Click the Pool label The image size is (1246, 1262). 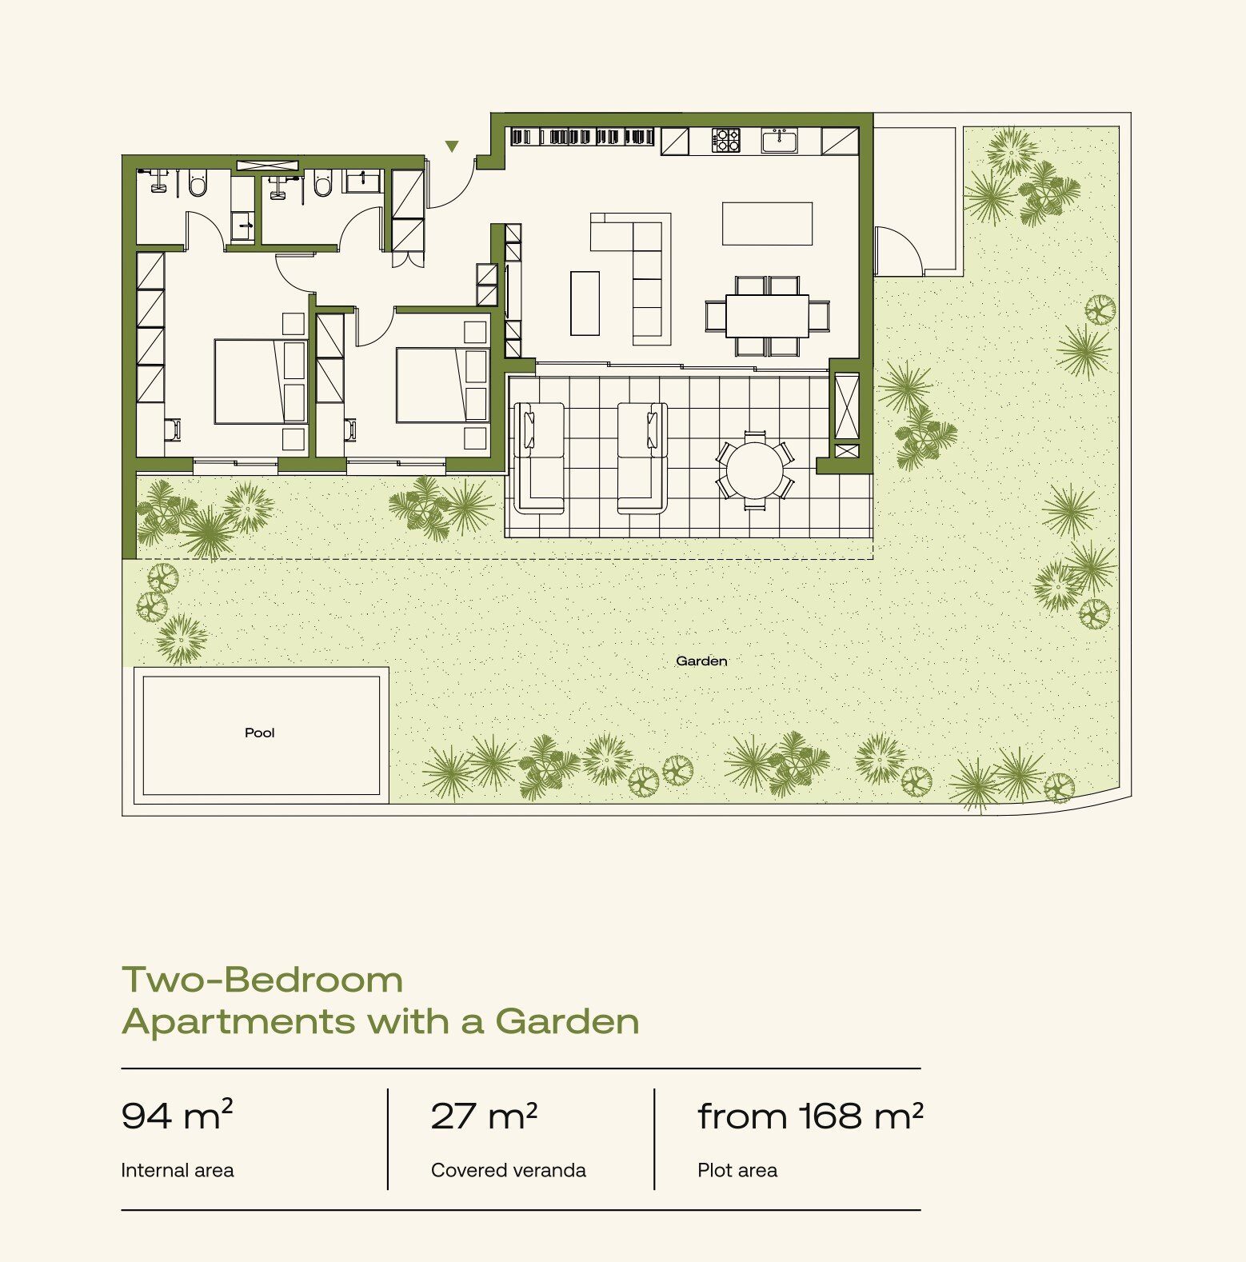pos(259,733)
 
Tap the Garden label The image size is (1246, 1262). pos(701,661)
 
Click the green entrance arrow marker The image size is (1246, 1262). pos(452,146)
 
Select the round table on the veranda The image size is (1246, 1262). pos(755,470)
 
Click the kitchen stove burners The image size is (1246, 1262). pos(725,141)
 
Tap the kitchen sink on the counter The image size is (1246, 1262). pos(779,141)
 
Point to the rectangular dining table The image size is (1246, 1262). pos(767,316)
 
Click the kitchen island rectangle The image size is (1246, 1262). pos(767,223)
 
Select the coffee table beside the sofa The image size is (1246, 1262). pos(585,303)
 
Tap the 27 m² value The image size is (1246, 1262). pos(484,1116)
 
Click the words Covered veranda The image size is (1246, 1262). pos(508,1170)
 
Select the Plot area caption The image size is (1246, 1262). pos(737,1170)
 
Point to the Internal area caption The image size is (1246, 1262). pos(177,1170)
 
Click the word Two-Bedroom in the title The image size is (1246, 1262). pos(262,980)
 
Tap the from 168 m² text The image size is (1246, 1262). pos(810,1116)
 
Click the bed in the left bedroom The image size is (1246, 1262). pos(260,381)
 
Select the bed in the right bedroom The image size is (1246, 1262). pos(441,385)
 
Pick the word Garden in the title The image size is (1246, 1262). pos(567,1021)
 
